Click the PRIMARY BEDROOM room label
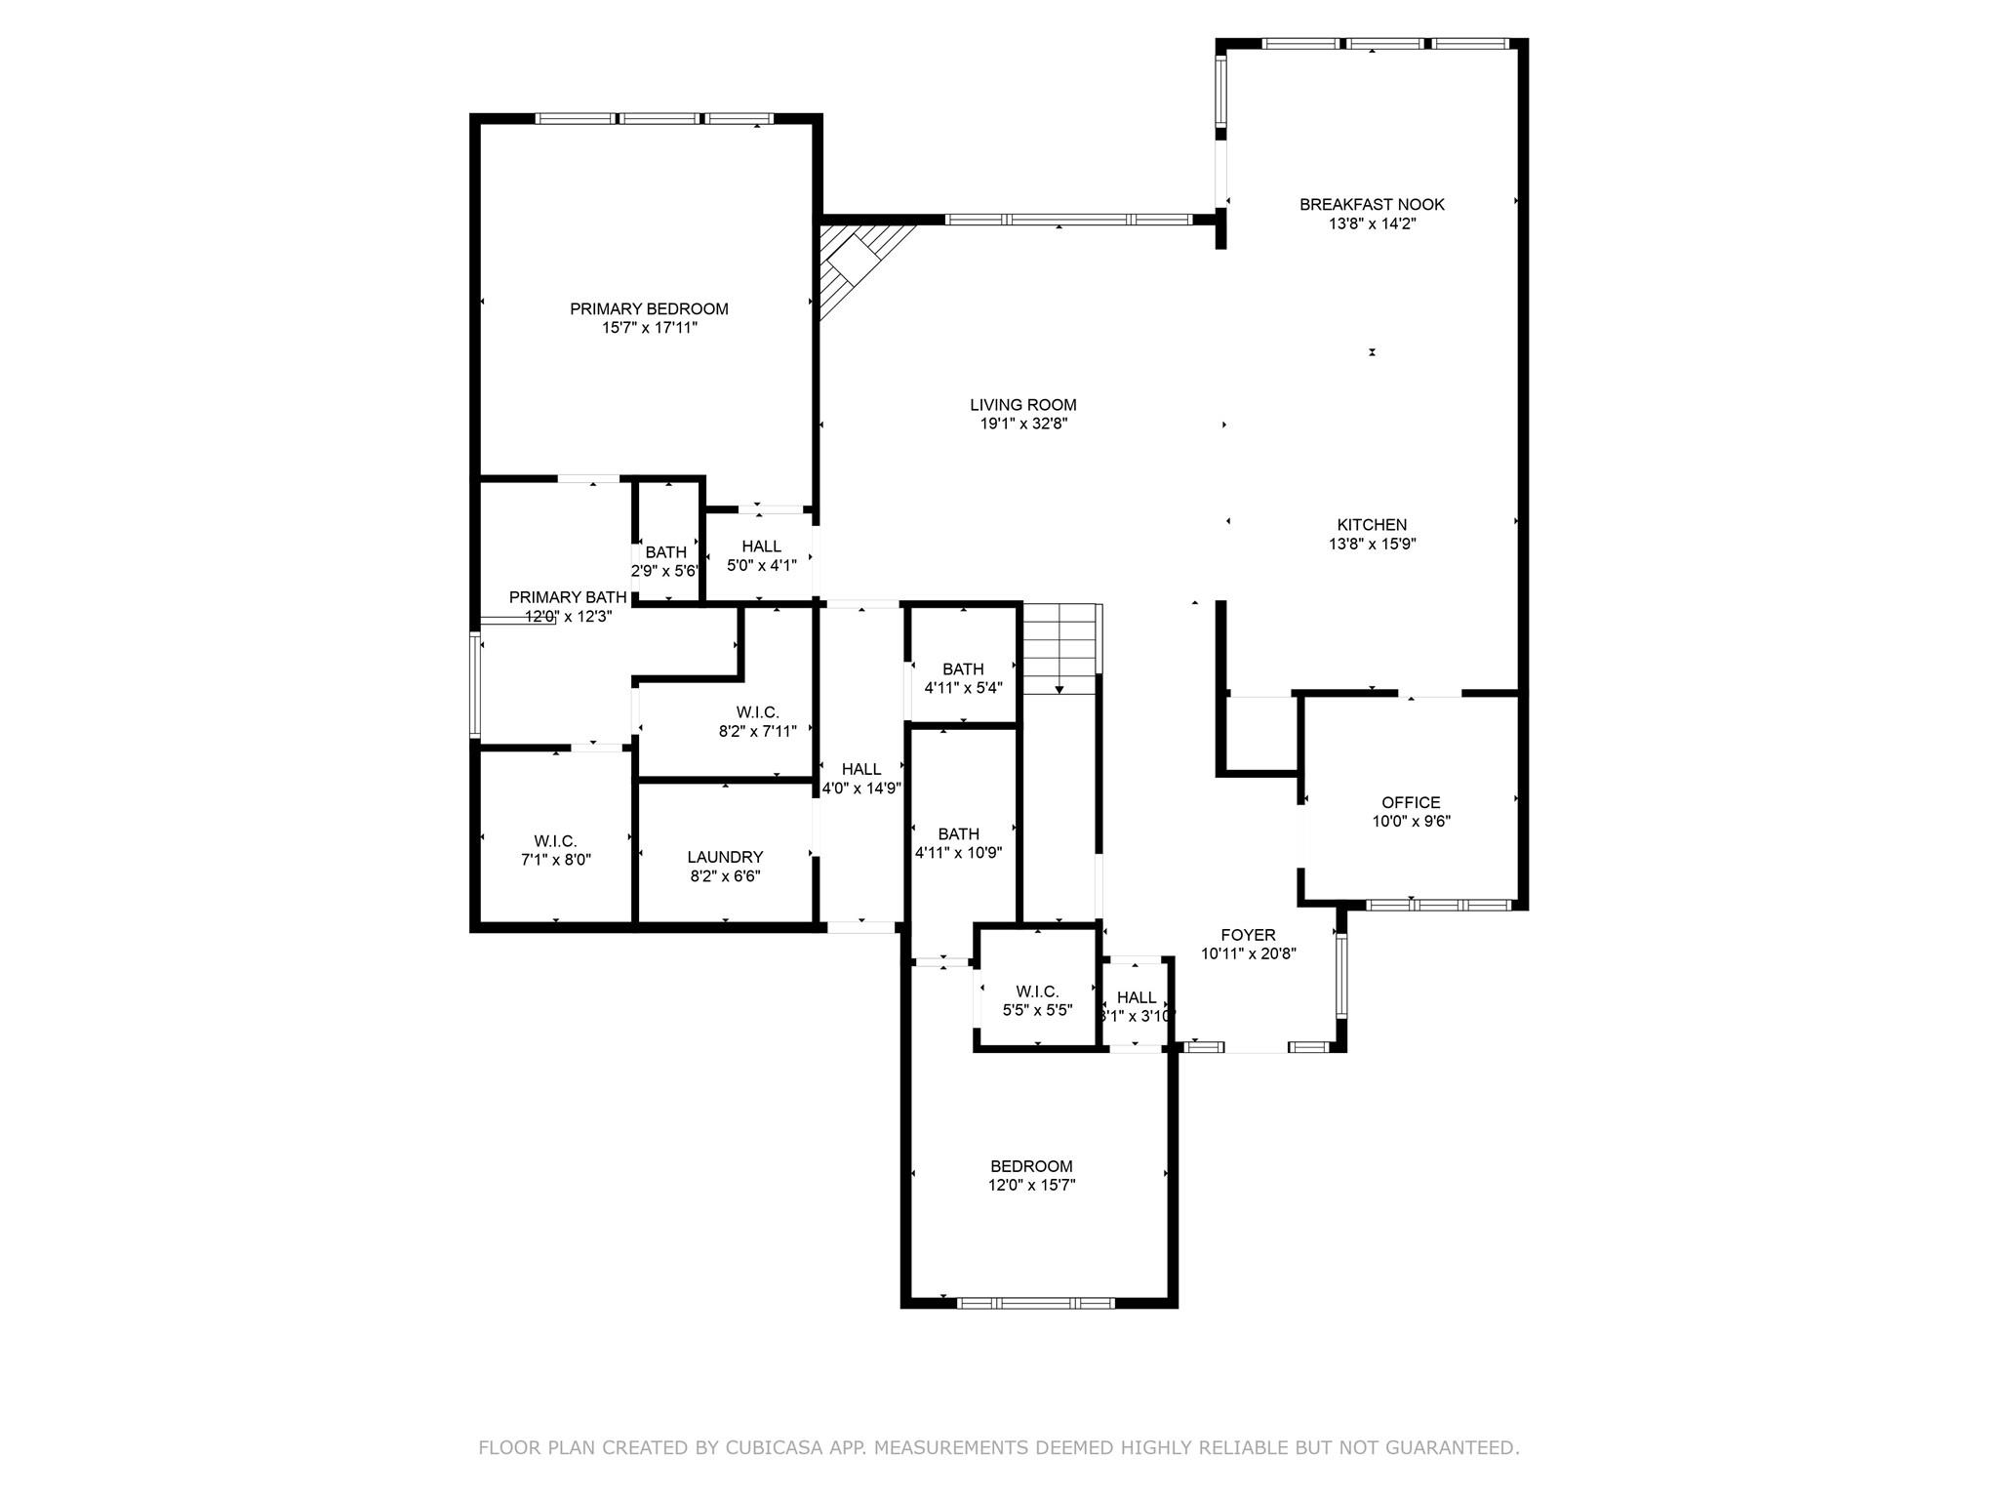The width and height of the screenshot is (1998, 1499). (649, 309)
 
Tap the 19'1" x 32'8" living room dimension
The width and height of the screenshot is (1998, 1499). (1023, 425)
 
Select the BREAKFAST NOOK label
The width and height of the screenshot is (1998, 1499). (1372, 205)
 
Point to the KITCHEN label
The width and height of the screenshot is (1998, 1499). (1372, 525)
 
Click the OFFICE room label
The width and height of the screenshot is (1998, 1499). (1411, 803)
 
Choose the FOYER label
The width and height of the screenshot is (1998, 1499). (1248, 936)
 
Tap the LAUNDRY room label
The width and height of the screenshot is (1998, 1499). (725, 858)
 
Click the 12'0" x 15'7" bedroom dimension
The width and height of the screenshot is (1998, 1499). (1031, 1186)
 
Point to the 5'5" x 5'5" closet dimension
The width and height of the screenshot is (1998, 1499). (1037, 1011)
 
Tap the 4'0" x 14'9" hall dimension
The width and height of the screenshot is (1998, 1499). (860, 789)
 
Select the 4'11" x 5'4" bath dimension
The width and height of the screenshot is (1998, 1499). (963, 688)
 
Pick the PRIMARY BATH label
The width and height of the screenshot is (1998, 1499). (568, 597)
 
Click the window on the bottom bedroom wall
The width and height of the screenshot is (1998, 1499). (1036, 1303)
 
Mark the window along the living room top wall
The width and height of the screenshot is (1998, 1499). (1068, 221)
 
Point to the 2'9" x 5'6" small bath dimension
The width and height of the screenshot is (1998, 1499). (665, 572)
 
